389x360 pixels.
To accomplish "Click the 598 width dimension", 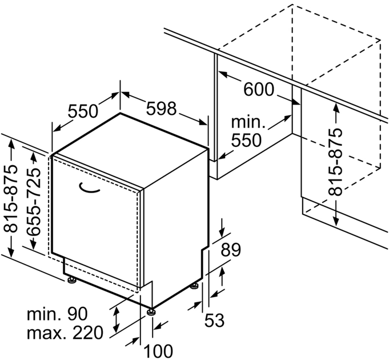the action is click(x=161, y=109).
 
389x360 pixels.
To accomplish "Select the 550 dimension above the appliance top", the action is click(x=83, y=111).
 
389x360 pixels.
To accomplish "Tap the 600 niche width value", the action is click(x=259, y=89).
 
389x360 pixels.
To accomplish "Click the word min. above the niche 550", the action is click(x=248, y=122).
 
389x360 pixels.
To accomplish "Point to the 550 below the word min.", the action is click(x=246, y=140).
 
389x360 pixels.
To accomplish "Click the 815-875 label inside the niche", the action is click(x=335, y=162).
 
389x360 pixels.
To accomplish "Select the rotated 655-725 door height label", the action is click(x=33, y=202).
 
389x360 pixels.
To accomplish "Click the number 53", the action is click(x=214, y=320).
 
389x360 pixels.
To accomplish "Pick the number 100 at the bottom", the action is click(x=158, y=351).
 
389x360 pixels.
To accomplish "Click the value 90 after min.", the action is click(x=78, y=314).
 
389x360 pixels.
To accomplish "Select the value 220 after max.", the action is click(x=87, y=333).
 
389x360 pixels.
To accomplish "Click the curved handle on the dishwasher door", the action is click(x=89, y=188).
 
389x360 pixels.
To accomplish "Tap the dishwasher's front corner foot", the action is click(x=151, y=312).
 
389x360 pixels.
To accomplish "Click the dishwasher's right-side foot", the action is click(x=194, y=286).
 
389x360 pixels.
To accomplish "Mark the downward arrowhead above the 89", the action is click(x=222, y=233).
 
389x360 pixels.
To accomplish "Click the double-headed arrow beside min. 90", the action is click(x=115, y=320).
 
